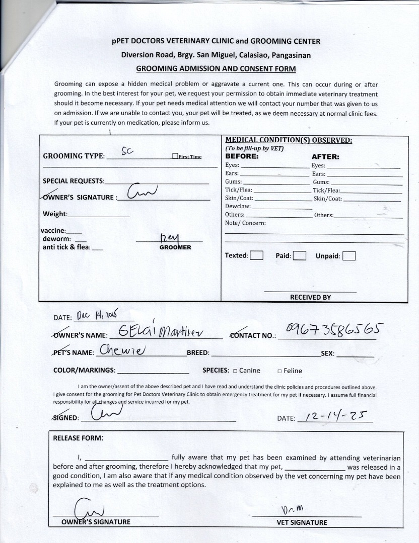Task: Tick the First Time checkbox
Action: [x=175, y=156]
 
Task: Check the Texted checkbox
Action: [x=257, y=255]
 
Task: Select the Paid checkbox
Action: [x=299, y=255]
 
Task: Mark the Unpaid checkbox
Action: [x=349, y=256]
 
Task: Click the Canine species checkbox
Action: [x=235, y=371]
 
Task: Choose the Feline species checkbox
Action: [x=279, y=371]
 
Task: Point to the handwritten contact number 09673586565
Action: [x=334, y=330]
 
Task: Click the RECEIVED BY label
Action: [x=310, y=297]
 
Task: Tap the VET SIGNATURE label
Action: [x=302, y=522]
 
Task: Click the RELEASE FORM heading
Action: [x=78, y=438]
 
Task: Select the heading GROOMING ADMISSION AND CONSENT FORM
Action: [x=216, y=69]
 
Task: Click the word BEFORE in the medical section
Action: [x=241, y=156]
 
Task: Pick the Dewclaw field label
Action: [x=238, y=206]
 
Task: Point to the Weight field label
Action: [x=54, y=214]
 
